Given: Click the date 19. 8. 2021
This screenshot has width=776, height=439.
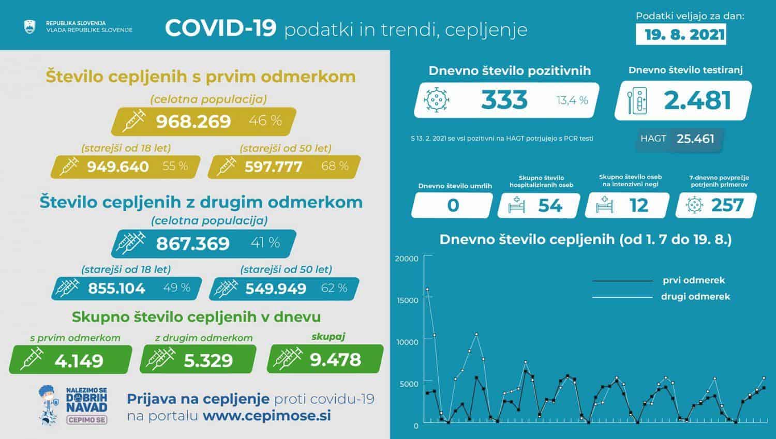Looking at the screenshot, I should click(x=685, y=35).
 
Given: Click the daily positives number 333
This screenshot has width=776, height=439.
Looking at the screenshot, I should click(x=504, y=100).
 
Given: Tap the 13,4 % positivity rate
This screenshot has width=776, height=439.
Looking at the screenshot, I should click(x=572, y=100).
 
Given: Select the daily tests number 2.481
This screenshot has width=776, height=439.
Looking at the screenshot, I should click(x=697, y=100).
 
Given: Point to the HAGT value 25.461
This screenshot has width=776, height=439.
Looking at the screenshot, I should click(x=695, y=139).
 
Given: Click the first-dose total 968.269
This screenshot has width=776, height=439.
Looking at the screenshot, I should click(x=193, y=122).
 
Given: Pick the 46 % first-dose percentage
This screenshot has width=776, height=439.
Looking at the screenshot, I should click(x=265, y=121).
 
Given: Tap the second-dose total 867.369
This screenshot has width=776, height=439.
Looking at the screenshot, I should click(x=192, y=243).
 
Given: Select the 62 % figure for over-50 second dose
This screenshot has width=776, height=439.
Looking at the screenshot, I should click(x=334, y=288).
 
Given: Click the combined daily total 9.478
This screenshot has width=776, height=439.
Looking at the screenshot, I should click(x=335, y=359).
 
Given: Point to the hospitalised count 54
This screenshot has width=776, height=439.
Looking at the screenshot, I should click(x=549, y=205).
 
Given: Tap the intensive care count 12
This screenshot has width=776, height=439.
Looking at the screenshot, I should click(x=638, y=205).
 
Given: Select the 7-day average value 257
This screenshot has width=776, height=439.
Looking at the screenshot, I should click(x=727, y=205).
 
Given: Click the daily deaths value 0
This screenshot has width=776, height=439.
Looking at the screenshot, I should click(x=453, y=205).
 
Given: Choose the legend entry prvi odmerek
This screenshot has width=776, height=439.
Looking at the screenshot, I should click(x=694, y=280).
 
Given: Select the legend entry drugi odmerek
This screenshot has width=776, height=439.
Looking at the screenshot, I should click(x=695, y=296).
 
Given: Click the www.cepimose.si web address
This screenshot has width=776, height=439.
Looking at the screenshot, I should click(x=267, y=416).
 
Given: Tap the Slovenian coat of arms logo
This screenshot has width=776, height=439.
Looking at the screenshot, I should click(x=30, y=27).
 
